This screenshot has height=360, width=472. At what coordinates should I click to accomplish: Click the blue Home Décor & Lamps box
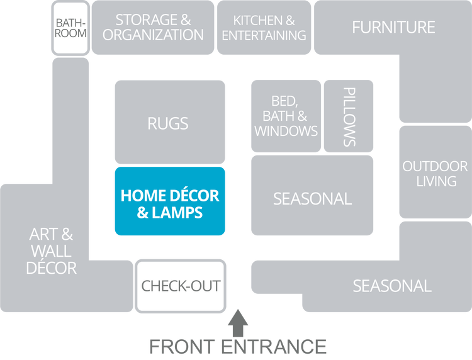click(170, 201)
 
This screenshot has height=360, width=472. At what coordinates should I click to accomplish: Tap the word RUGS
click(168, 123)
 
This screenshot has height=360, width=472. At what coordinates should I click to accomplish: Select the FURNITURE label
click(393, 28)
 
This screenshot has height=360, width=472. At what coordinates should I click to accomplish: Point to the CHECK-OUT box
click(181, 286)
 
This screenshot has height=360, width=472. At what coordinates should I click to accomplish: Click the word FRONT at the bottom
click(183, 347)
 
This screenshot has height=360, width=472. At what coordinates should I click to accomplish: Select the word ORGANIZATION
click(153, 35)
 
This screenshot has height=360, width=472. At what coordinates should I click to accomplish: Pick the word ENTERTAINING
click(264, 35)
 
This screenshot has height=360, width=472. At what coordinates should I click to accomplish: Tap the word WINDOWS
click(286, 131)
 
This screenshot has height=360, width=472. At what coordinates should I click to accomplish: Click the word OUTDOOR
click(435, 167)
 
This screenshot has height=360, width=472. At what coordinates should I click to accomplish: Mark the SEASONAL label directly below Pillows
click(312, 199)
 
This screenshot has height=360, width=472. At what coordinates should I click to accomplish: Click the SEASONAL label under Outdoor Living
click(391, 286)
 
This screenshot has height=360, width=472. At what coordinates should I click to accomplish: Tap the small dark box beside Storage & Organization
click(70, 27)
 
